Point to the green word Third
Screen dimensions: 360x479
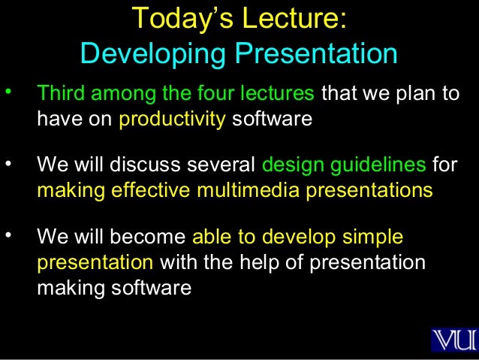click(x=59, y=95)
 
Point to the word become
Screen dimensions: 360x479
click(x=149, y=238)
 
